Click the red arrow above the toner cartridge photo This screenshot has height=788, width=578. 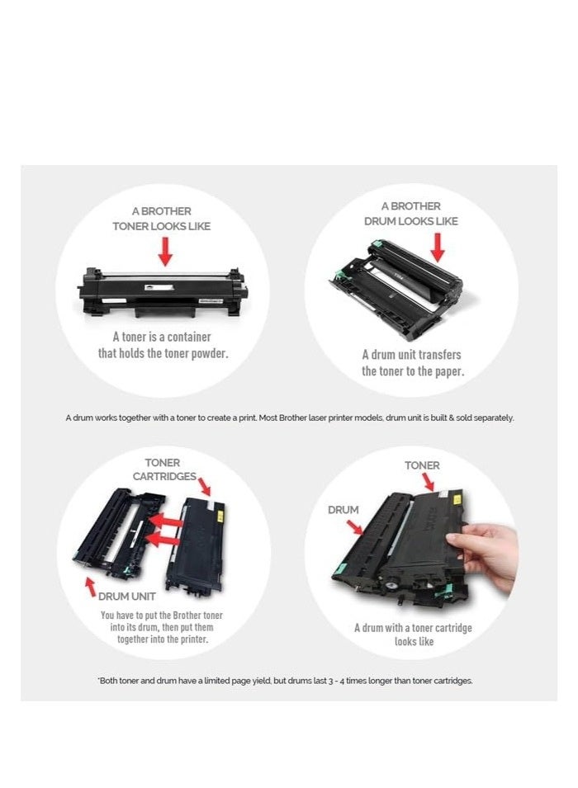(165, 252)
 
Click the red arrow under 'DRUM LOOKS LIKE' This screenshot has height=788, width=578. (438, 247)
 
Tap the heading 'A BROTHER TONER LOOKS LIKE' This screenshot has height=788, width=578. (162, 219)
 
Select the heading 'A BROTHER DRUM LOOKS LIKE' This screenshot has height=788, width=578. (411, 214)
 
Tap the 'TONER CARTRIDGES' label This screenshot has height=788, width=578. (163, 469)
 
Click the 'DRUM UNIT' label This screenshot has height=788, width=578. (127, 596)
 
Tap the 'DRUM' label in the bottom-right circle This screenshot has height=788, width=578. (343, 510)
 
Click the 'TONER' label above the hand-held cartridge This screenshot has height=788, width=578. (422, 465)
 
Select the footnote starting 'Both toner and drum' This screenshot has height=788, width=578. (285, 681)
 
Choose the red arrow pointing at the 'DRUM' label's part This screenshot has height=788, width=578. (358, 526)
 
